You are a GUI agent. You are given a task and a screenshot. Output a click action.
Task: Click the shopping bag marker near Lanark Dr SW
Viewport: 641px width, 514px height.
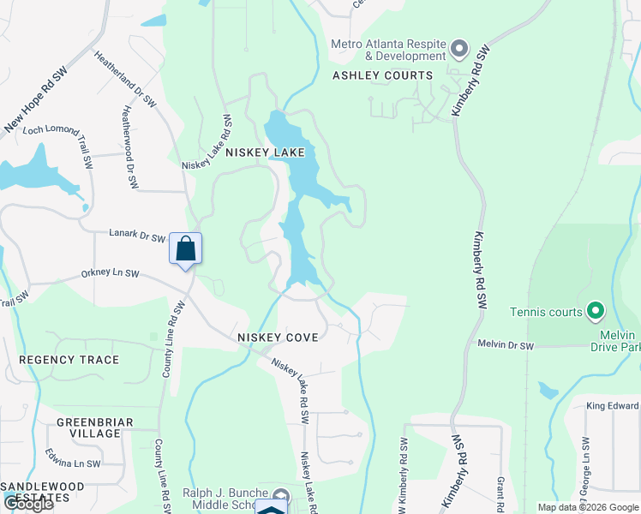pos(186,249)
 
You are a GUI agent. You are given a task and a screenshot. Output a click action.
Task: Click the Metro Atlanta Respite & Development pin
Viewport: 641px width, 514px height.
pos(459,49)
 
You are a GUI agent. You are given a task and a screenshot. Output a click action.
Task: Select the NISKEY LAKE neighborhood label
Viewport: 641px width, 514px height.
pos(265,152)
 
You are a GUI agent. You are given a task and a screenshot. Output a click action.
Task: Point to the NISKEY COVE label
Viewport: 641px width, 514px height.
pos(278,338)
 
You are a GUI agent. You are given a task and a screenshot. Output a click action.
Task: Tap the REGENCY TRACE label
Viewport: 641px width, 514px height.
pos(69,360)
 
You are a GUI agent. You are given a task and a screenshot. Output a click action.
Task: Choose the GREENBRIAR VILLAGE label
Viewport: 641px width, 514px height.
pos(89,427)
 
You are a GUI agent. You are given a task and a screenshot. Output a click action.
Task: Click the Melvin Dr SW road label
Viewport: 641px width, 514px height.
pos(505,345)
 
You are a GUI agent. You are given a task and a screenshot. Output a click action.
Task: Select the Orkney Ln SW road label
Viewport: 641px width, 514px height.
pos(110,274)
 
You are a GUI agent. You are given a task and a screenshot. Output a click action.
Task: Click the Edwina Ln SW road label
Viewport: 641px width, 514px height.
pos(73,463)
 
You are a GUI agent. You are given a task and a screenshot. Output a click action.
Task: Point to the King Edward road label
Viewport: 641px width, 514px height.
pos(613,406)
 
